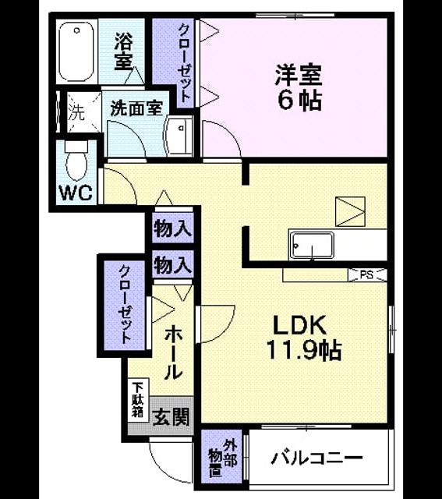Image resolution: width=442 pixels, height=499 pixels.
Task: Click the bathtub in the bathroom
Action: tap(76, 51)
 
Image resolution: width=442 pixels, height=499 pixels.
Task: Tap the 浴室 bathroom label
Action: tap(123, 51)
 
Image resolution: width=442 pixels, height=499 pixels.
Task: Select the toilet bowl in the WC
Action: tap(76, 161)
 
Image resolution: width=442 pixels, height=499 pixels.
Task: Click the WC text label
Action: tap(76, 193)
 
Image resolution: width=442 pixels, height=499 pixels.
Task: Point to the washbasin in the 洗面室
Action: tap(179, 136)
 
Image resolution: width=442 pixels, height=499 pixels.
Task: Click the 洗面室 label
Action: tap(137, 108)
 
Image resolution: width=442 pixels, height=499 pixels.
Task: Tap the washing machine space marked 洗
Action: tap(84, 112)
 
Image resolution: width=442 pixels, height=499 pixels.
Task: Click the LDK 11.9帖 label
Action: tap(303, 338)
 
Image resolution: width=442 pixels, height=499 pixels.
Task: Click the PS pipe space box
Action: tap(367, 275)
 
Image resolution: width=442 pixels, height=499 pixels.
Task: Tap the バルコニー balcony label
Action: tap(316, 458)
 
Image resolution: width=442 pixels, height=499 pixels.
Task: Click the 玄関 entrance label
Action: tap(171, 417)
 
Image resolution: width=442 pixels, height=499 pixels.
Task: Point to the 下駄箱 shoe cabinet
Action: tap(138, 400)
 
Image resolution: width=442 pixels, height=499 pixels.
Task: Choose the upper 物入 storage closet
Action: tap(173, 228)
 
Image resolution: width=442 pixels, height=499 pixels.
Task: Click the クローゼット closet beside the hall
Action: tap(125, 306)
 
